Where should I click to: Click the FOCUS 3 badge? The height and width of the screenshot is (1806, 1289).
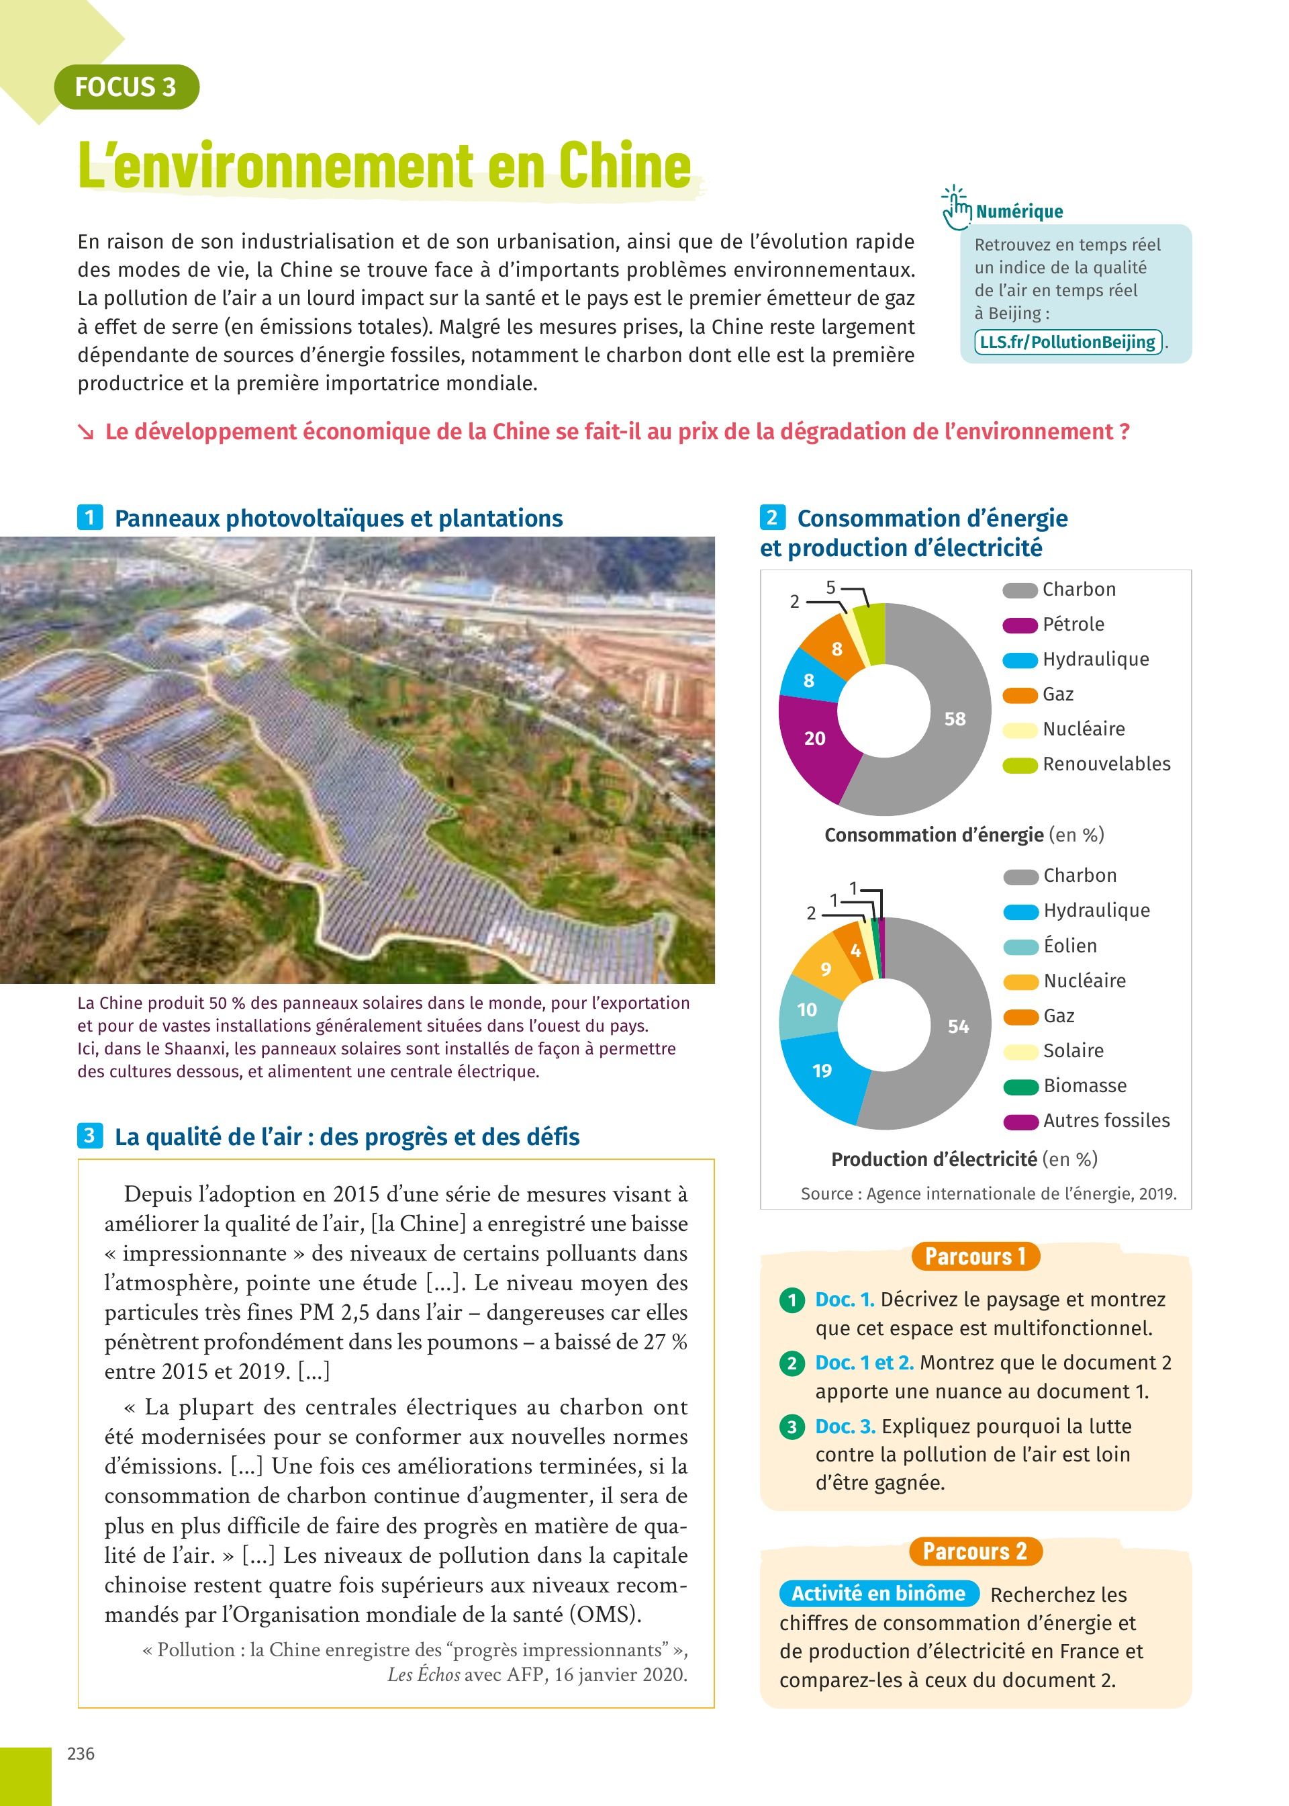coord(126,87)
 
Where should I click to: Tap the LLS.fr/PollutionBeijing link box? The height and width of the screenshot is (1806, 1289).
coord(1067,342)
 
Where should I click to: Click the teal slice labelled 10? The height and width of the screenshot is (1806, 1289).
coord(806,1009)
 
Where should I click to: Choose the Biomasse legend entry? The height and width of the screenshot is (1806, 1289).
coord(1084,1086)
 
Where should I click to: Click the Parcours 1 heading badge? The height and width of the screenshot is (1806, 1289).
coord(975,1257)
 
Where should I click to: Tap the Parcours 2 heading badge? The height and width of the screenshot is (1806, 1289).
coord(975,1551)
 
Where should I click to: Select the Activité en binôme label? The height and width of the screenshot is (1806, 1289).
coord(879,1593)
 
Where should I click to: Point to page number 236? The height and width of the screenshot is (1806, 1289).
coord(81,1754)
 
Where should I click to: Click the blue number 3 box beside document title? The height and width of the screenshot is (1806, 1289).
coord(89,1136)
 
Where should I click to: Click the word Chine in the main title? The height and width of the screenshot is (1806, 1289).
coord(624,166)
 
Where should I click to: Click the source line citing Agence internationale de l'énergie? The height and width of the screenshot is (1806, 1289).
coord(988,1194)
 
